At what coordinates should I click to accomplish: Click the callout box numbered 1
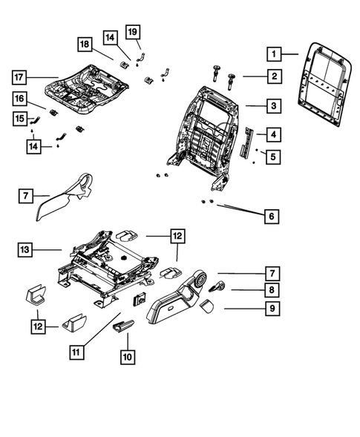coord(274,53)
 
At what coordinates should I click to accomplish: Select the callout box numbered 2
coord(274,76)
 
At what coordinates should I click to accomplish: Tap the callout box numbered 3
coord(274,107)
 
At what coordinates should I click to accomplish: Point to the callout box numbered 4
coord(274,134)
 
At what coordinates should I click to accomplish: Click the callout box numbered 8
coord(273,290)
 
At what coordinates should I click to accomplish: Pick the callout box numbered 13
coord(25,250)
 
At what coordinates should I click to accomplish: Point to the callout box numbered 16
coord(20,99)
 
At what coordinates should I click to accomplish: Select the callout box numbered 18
coord(85,45)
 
